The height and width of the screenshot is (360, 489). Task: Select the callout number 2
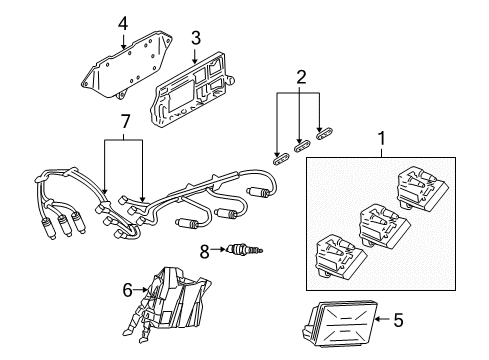coord(298,76)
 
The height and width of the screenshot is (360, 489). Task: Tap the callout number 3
coord(196,37)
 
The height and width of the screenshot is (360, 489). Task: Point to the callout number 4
coord(122,22)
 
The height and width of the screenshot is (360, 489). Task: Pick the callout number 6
coord(128,289)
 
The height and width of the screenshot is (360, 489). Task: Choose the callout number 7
coord(124,121)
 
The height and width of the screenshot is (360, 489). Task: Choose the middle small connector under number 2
coord(301,144)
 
